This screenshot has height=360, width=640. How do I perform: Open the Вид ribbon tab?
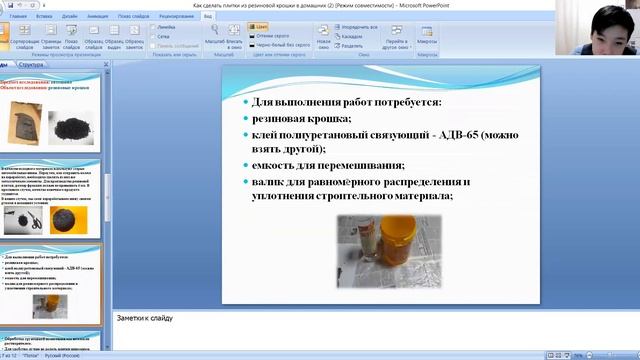(207, 17)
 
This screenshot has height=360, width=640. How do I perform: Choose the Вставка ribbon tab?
(44, 17)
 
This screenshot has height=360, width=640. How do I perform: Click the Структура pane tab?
(31, 64)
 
